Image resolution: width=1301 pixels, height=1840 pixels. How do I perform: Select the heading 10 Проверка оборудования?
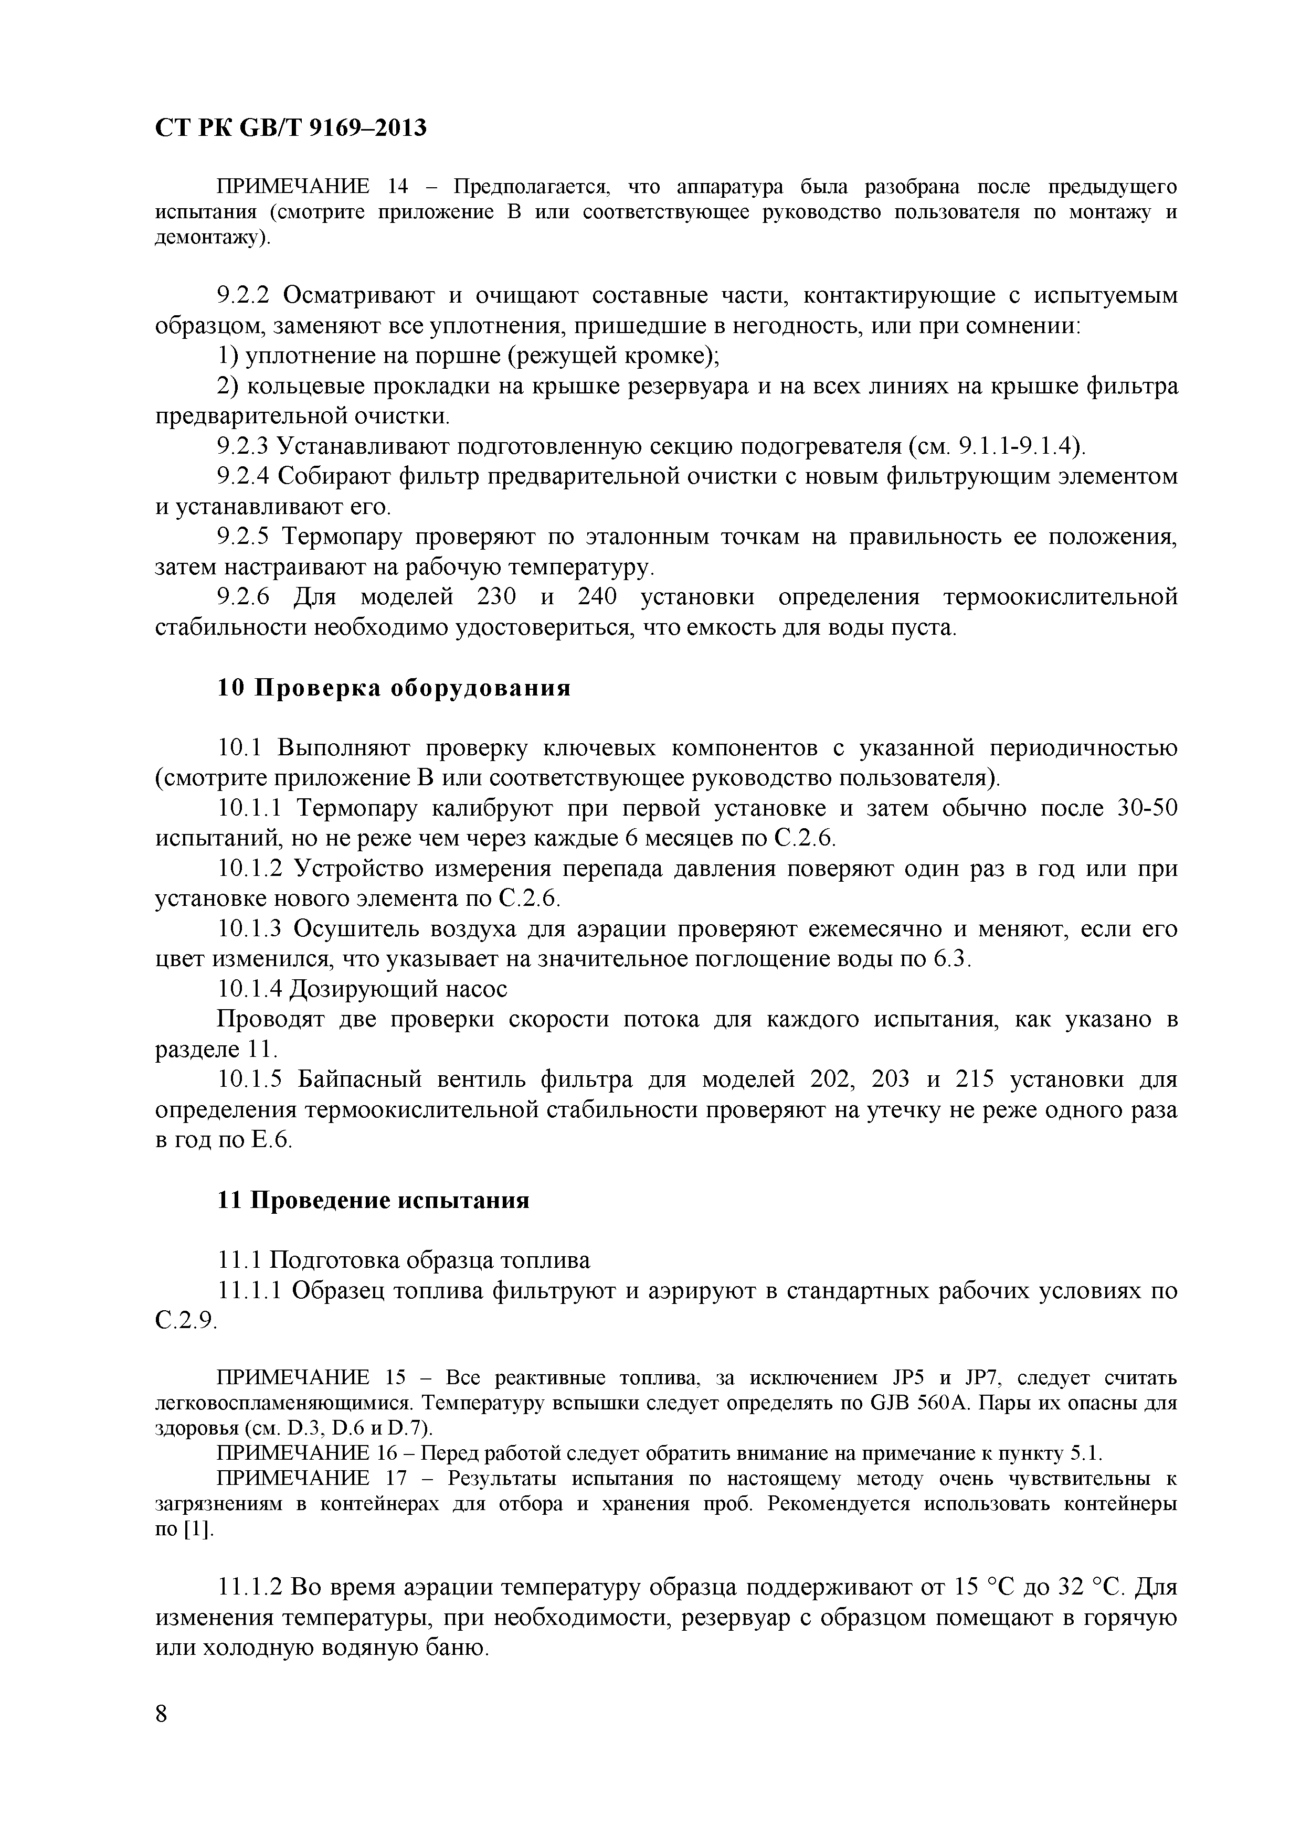[394, 688]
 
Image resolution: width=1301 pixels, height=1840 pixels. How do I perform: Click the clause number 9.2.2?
[245, 296]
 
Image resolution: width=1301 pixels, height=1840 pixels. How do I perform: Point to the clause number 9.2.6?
[245, 597]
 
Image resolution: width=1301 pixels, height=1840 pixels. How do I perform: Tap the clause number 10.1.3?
[250, 929]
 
